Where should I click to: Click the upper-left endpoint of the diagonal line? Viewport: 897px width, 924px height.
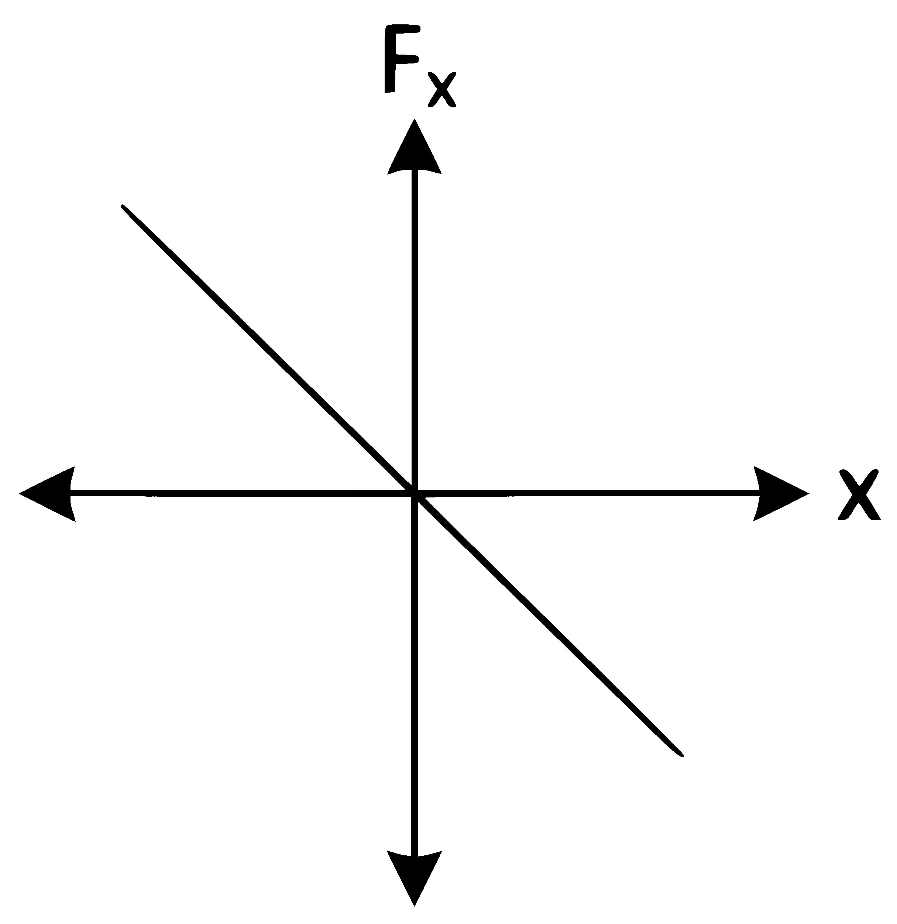click(123, 206)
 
